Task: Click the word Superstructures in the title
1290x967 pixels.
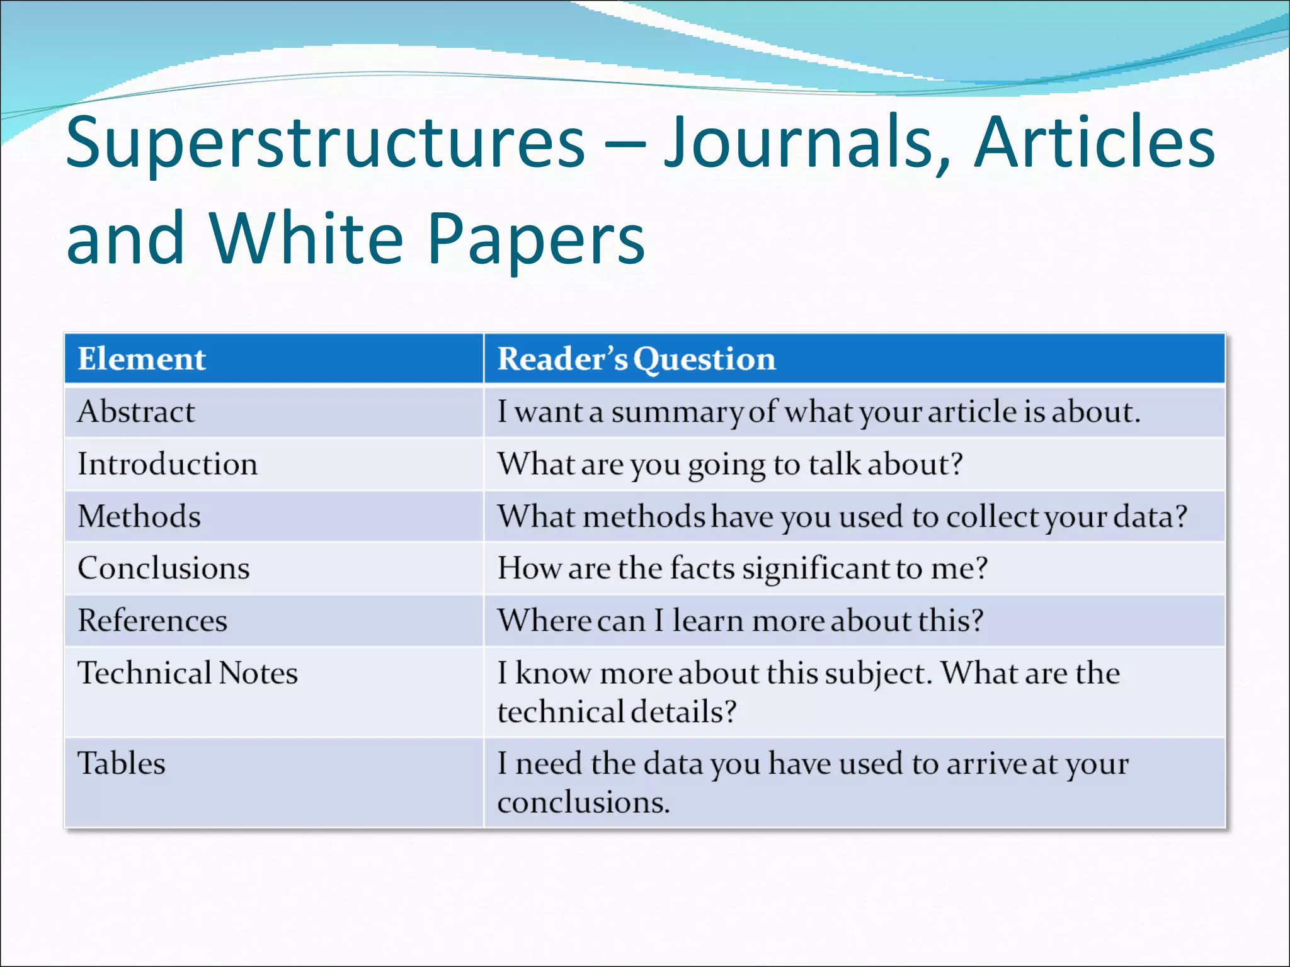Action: pyautogui.click(x=326, y=144)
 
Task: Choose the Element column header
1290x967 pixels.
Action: pyautogui.click(x=142, y=359)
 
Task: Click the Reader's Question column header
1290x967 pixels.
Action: pyautogui.click(x=636, y=359)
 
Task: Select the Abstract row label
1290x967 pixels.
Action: pyautogui.click(x=136, y=412)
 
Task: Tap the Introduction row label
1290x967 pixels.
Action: pyautogui.click(x=168, y=464)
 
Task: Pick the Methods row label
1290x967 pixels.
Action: pyautogui.click(x=139, y=516)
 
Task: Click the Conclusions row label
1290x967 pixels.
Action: pyautogui.click(x=164, y=568)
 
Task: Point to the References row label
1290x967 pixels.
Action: pyautogui.click(x=152, y=620)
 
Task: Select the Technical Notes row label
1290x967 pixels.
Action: pyautogui.click(x=188, y=672)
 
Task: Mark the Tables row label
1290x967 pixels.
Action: pyautogui.click(x=122, y=763)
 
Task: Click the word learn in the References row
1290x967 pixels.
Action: pyautogui.click(x=709, y=621)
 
